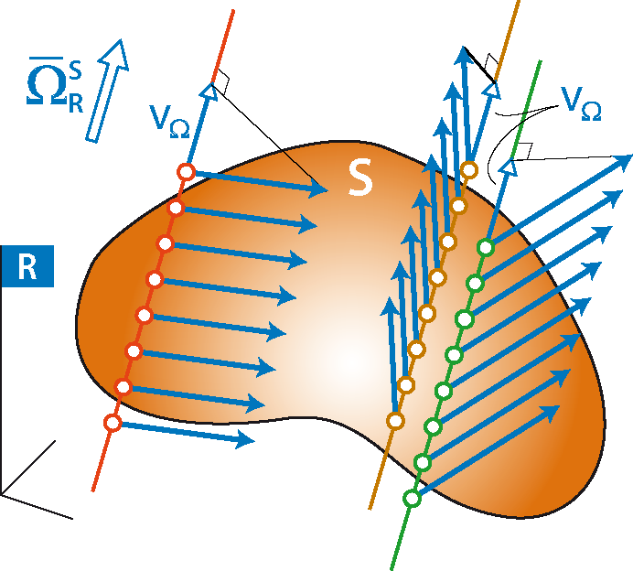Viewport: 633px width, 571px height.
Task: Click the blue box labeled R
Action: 27,266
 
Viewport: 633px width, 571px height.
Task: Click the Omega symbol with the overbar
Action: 46,81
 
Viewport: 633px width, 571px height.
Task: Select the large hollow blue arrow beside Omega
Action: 107,91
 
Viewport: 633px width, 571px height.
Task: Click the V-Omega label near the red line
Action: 169,122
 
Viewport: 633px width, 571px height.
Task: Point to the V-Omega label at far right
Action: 582,103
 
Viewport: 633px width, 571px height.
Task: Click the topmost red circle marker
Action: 186,172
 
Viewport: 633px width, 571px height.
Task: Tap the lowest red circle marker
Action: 113,423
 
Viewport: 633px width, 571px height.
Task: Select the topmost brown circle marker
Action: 469,169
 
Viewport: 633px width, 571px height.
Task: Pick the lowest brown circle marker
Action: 395,421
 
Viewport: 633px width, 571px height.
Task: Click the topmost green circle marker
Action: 486,247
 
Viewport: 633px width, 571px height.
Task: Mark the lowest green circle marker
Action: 413,499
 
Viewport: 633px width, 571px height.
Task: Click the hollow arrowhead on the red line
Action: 209,91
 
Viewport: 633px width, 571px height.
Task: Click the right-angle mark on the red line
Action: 222,82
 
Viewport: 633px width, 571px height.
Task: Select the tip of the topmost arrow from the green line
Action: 631,155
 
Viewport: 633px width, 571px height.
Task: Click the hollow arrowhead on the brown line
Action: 492,90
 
